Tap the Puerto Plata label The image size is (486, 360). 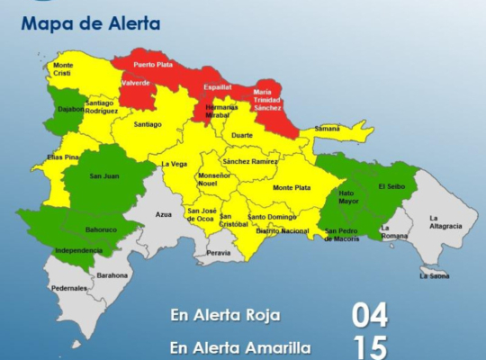(153, 65)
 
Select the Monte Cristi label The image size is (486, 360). (63, 68)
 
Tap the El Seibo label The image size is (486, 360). (392, 186)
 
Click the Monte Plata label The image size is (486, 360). (291, 187)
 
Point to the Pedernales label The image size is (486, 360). (69, 288)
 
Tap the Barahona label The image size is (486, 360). (112, 275)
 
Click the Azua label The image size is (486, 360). (163, 215)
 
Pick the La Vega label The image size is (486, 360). (174, 164)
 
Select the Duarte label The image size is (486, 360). (242, 135)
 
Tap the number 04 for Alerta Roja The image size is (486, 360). (369, 316)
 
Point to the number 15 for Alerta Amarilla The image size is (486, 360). (369, 346)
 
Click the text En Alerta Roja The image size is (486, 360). (225, 315)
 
